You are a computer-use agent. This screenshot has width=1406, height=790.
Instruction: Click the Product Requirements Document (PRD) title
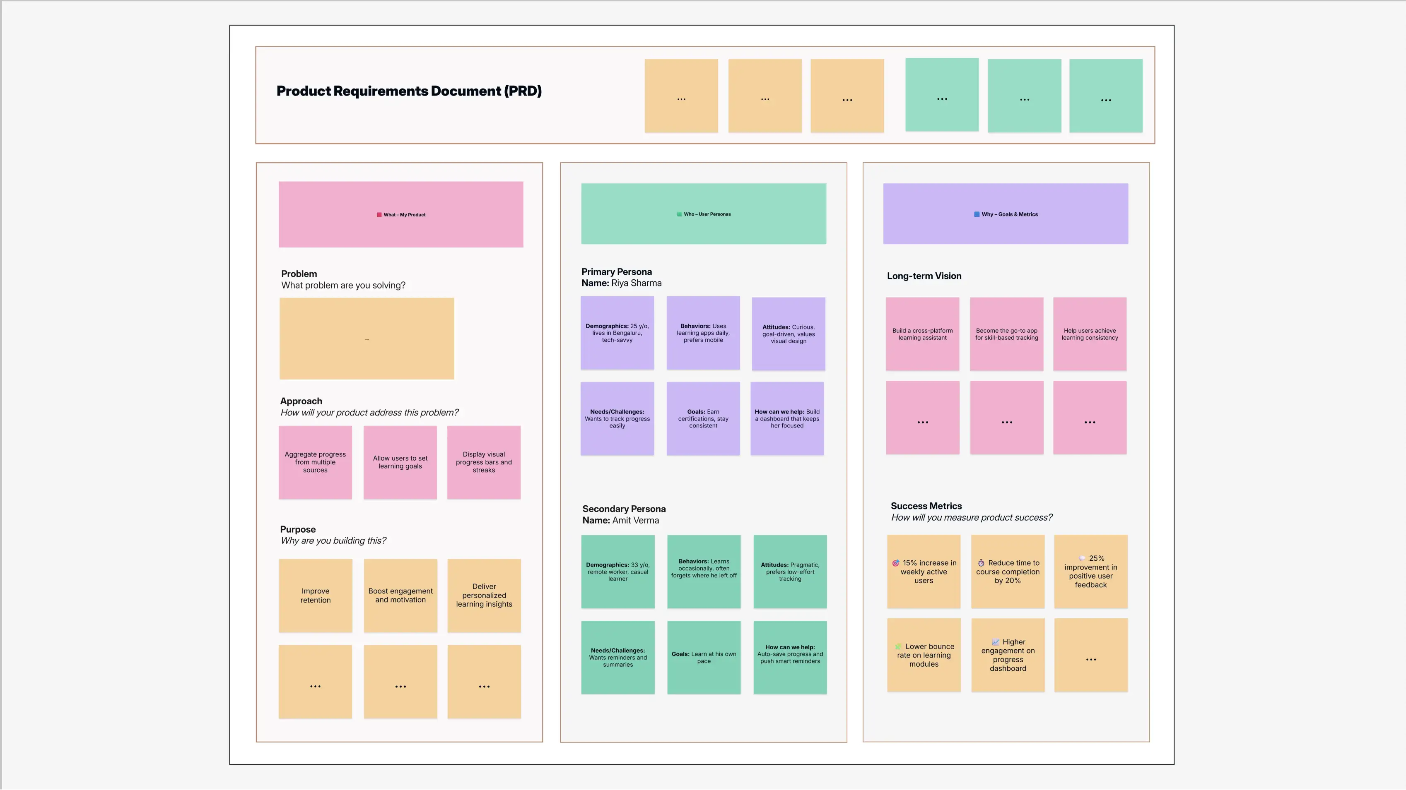(409, 91)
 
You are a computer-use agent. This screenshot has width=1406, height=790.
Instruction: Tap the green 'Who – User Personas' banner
(703, 214)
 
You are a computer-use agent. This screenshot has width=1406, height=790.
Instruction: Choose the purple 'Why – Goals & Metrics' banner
(1006, 214)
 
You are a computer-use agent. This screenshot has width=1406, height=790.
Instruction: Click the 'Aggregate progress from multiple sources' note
(315, 462)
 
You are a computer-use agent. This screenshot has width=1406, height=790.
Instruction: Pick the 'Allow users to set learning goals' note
(400, 462)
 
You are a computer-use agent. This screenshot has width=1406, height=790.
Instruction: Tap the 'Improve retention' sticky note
(316, 595)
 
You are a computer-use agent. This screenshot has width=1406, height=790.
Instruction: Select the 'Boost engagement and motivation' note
(400, 595)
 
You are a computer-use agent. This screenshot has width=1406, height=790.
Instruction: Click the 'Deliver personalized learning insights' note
(484, 595)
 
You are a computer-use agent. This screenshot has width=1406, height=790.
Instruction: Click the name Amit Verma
(635, 521)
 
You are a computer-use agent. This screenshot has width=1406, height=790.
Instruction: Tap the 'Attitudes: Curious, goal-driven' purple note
(788, 334)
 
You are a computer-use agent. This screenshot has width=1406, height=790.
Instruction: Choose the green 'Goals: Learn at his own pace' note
(704, 658)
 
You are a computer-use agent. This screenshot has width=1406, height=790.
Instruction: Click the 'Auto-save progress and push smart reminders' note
(790, 658)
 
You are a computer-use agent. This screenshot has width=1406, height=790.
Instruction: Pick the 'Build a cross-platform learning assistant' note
(922, 334)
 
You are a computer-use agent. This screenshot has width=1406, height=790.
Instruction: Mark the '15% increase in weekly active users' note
(924, 571)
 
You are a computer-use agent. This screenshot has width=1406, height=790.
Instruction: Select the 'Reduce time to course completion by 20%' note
(1008, 571)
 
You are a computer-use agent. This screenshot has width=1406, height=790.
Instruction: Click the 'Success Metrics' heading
(926, 506)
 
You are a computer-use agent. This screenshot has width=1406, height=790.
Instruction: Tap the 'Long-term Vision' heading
(924, 276)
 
